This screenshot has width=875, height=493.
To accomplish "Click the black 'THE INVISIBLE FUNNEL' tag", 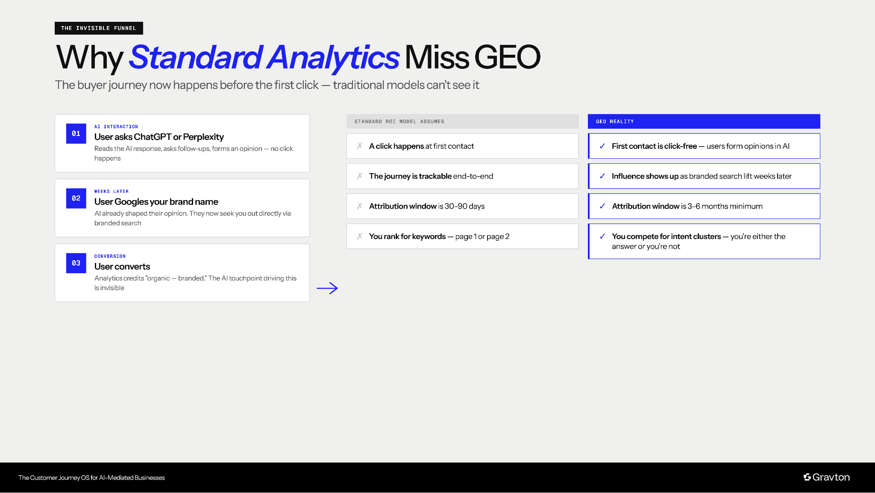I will pyautogui.click(x=99, y=28).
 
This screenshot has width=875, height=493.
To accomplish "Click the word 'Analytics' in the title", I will pyautogui.click(x=333, y=57).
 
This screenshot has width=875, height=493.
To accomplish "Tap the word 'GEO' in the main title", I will pyautogui.click(x=507, y=57).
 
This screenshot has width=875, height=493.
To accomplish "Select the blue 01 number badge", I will pyautogui.click(x=76, y=133).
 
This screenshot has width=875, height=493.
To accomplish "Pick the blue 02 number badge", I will pyautogui.click(x=76, y=198).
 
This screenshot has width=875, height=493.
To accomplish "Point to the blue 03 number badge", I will pyautogui.click(x=76, y=263).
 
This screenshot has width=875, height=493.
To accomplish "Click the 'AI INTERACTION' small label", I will pyautogui.click(x=116, y=127).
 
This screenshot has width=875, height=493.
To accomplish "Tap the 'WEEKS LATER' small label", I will pyautogui.click(x=112, y=192).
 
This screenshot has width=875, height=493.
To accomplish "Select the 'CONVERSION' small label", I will pyautogui.click(x=110, y=256).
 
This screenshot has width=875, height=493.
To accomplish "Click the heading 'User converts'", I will pyautogui.click(x=122, y=266).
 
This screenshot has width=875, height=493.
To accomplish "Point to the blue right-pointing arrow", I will pyautogui.click(x=327, y=288).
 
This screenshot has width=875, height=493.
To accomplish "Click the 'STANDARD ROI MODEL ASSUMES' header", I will pyautogui.click(x=399, y=121).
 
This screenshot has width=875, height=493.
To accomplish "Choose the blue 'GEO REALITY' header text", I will pyautogui.click(x=615, y=121).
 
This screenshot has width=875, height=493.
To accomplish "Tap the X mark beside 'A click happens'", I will pyautogui.click(x=360, y=146).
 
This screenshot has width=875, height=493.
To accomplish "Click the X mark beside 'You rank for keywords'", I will pyautogui.click(x=360, y=236).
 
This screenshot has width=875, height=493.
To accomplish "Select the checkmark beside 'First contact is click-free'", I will pyautogui.click(x=602, y=146).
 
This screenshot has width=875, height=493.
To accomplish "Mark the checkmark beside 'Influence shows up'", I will pyautogui.click(x=602, y=176).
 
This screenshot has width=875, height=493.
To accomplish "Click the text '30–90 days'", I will pyautogui.click(x=464, y=206).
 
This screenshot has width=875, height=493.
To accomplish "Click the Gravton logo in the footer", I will pyautogui.click(x=826, y=477).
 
